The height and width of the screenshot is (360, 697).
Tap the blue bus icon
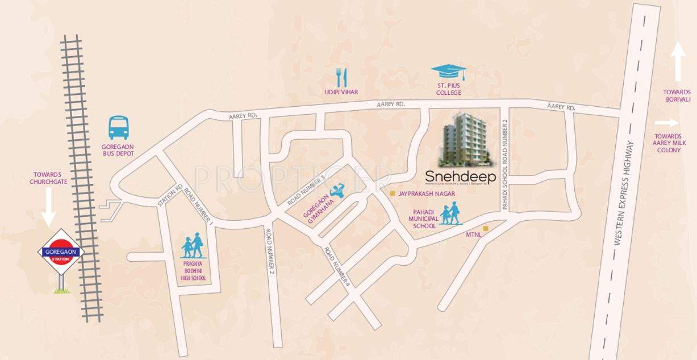[119, 128]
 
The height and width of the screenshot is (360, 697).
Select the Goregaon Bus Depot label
[118, 150]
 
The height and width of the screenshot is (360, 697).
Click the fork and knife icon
[341, 77]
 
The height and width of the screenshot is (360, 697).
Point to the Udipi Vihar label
[341, 92]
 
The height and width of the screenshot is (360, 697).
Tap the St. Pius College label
[448, 89]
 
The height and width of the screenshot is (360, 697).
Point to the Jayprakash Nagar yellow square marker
[392, 193]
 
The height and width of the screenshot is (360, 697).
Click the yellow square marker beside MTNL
[485, 228]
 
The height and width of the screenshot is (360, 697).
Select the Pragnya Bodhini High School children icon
[192, 246]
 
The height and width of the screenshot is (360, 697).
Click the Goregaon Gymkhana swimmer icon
[337, 191]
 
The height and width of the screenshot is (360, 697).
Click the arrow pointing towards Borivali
[677, 63]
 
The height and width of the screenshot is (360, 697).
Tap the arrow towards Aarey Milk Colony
[666, 123]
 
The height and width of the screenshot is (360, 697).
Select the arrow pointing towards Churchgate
[48, 206]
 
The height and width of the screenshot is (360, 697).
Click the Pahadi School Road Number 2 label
[504, 165]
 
